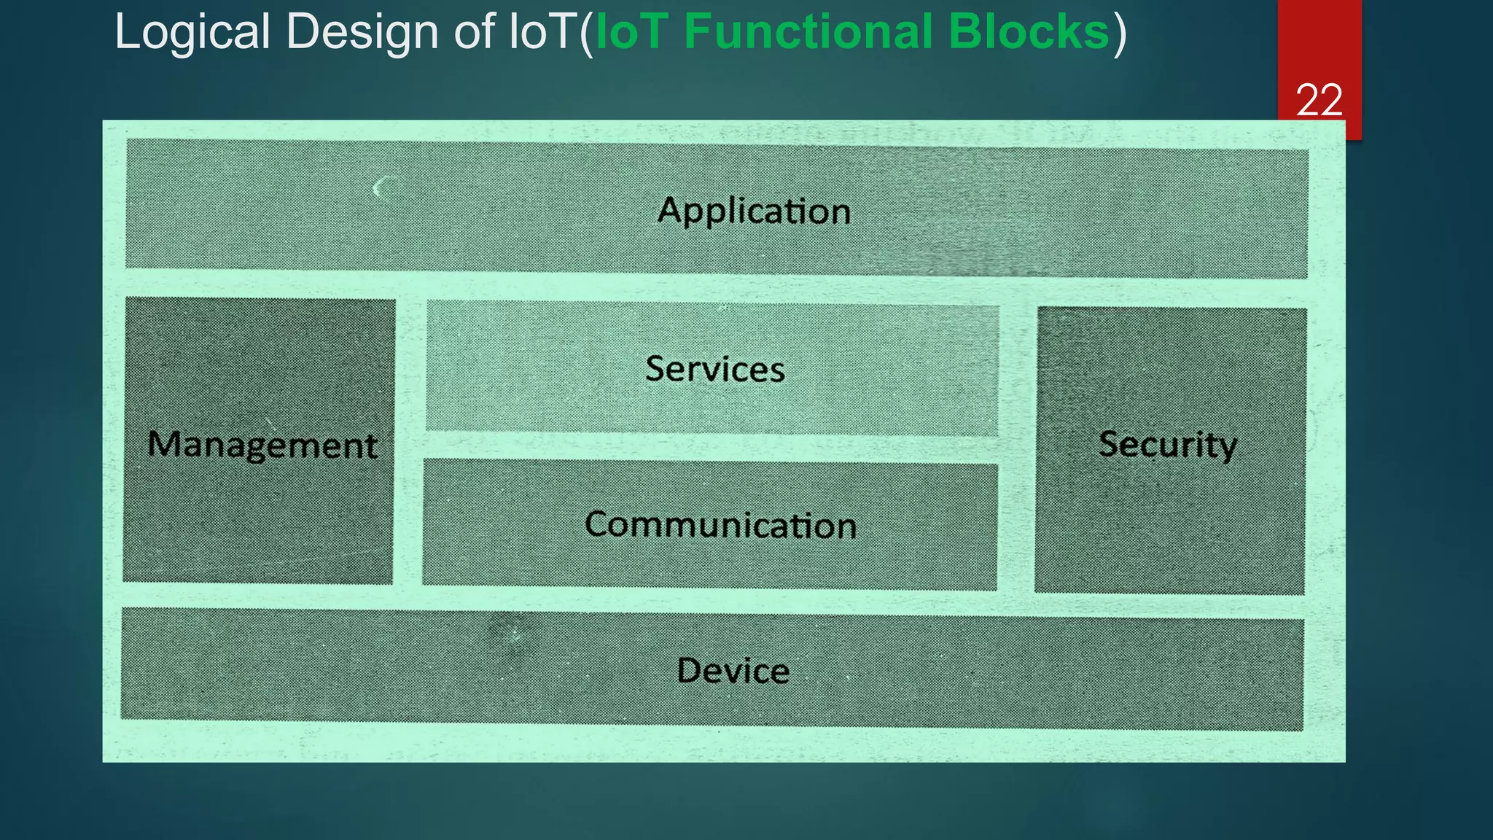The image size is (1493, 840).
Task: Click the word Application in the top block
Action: tap(754, 211)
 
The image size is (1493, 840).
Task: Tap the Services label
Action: tap(714, 369)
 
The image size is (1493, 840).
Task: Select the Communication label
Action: tap(720, 525)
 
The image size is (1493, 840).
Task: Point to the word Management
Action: tap(262, 446)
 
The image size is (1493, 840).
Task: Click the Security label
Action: tap(1167, 445)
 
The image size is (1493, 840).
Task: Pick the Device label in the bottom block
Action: tap(733, 671)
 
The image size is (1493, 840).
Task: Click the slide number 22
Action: tap(1319, 100)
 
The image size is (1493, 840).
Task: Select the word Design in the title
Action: tap(362, 33)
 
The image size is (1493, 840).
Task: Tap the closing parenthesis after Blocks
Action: tap(1119, 34)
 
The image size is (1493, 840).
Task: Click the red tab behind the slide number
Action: tap(1319, 44)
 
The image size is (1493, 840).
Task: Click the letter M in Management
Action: tap(164, 443)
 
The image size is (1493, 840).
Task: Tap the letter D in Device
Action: tap(690, 670)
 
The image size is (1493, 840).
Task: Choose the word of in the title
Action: tap(479, 33)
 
